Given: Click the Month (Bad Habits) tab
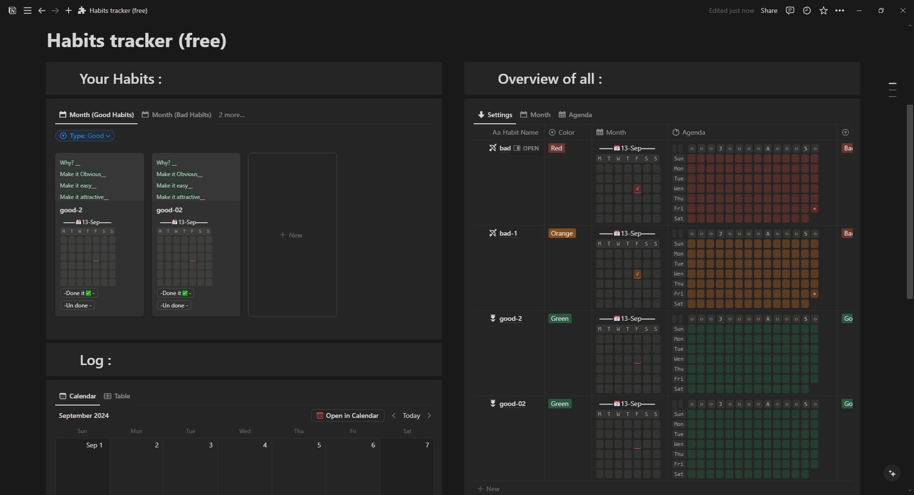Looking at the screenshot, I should (x=177, y=115).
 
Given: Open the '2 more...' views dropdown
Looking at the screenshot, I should (x=231, y=115).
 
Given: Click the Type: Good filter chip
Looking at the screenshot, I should (x=85, y=136).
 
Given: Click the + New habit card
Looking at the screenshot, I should (x=292, y=235).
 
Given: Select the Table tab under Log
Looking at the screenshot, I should (x=117, y=396).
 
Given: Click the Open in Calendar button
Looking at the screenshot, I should (x=348, y=416).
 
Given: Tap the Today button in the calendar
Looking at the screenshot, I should (x=411, y=416).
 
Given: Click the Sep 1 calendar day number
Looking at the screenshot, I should (x=94, y=445).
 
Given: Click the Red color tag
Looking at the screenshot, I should (x=556, y=148).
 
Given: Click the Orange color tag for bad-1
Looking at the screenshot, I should (x=562, y=233).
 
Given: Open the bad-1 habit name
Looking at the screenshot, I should (x=508, y=233).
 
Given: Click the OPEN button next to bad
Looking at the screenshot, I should (x=527, y=148).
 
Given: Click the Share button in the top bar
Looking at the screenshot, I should (x=769, y=10).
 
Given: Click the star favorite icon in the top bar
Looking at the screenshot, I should (x=824, y=10).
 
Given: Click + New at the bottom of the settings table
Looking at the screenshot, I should (x=488, y=489).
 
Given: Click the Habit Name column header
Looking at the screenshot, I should (x=515, y=132).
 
